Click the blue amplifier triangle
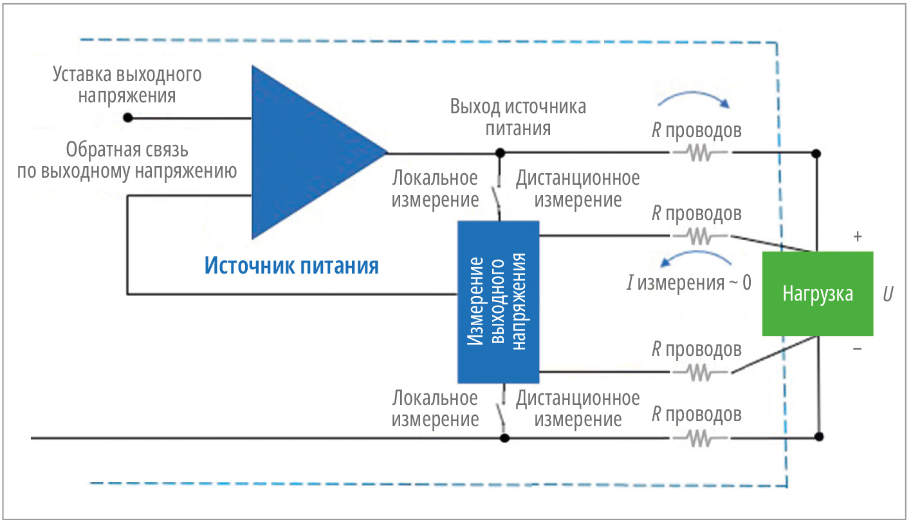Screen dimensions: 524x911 (x=302, y=153)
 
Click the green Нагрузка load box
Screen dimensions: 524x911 (x=817, y=294)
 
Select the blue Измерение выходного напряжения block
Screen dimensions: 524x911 (x=498, y=302)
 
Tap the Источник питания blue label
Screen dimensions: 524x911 (x=291, y=265)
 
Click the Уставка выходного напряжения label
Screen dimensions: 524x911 (x=127, y=85)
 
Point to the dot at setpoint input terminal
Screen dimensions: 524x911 (x=128, y=118)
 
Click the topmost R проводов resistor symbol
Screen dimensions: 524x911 (x=701, y=154)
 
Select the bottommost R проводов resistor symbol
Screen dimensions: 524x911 (x=701, y=438)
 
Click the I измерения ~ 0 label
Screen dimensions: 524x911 (x=688, y=283)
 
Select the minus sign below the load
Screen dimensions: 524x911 (x=857, y=350)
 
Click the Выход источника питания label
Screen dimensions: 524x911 (x=518, y=117)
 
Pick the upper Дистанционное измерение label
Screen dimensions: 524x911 (x=578, y=189)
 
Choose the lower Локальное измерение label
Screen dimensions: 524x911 (x=435, y=409)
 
